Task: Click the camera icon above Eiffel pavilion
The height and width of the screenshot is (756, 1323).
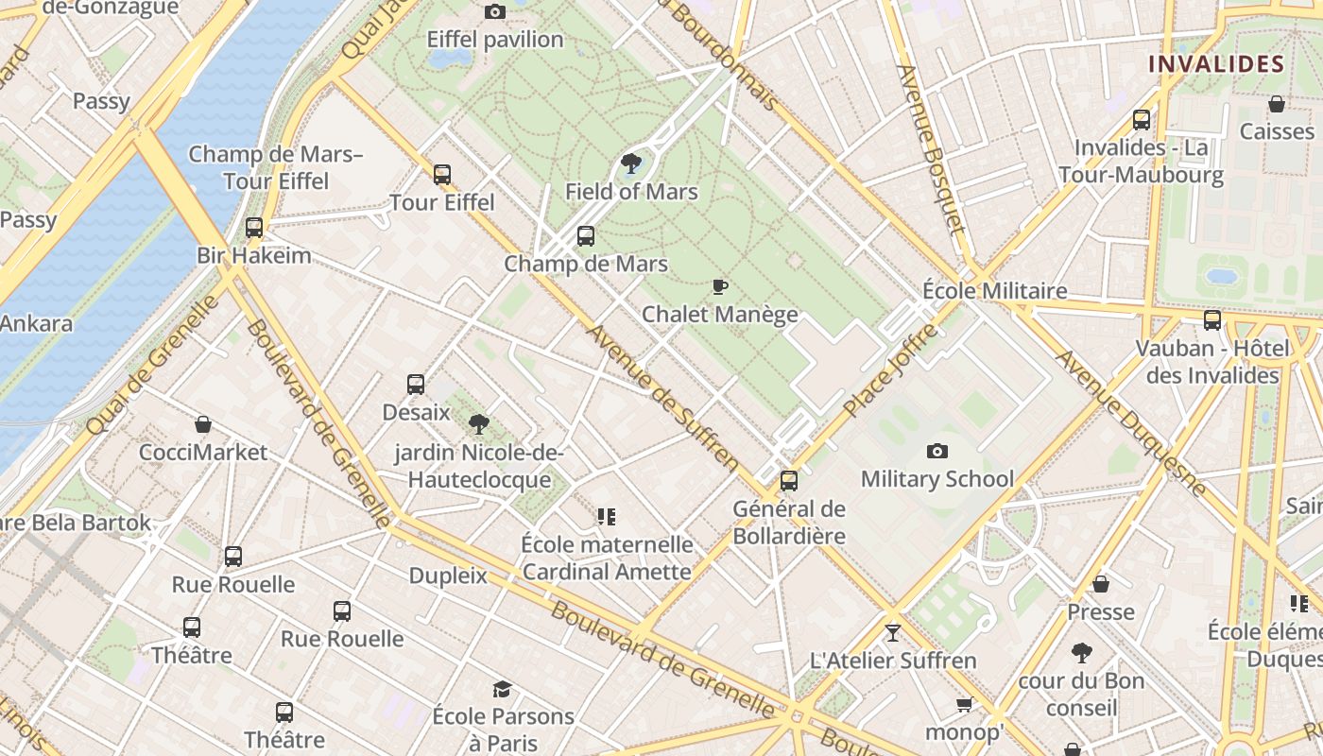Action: (x=494, y=12)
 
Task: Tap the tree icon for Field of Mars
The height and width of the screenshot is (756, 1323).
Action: (x=631, y=164)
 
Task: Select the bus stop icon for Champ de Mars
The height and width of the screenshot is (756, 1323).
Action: (x=586, y=236)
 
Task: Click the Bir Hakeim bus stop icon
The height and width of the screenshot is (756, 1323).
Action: (x=253, y=228)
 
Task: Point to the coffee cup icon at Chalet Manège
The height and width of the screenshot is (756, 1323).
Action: (x=720, y=286)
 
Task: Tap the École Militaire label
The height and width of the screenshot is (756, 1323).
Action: (x=994, y=290)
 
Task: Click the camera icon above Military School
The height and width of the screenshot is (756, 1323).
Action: (x=936, y=452)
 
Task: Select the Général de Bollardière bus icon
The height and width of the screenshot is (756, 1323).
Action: (x=789, y=481)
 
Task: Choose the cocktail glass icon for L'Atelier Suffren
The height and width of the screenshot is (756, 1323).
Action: (x=893, y=632)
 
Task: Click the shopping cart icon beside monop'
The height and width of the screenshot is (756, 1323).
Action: (x=964, y=705)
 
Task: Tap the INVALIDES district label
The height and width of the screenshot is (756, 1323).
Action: (x=1216, y=64)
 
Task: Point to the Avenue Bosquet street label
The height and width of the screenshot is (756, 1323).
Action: (x=932, y=149)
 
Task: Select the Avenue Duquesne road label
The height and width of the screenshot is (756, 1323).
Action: (x=1130, y=422)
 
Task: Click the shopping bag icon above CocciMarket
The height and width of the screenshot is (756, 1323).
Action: (x=202, y=424)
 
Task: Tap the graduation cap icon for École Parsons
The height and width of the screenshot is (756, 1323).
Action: (x=502, y=690)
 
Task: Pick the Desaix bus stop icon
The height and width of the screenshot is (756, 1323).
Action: (x=416, y=385)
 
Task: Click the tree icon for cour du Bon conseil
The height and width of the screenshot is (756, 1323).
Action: (x=1081, y=653)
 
